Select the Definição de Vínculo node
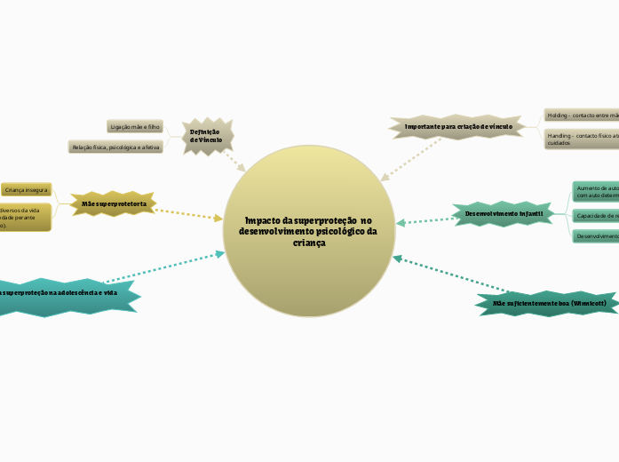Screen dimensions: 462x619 coord(206,135)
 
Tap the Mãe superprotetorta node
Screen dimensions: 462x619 coord(114,204)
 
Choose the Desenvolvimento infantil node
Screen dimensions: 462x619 coord(504,214)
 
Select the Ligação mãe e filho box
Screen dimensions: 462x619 coord(136,127)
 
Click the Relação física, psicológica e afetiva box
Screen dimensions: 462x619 coord(116,147)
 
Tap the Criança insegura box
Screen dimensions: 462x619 coord(26,190)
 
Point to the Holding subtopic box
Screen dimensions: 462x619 coord(582,115)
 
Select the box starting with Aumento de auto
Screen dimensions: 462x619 coord(596,192)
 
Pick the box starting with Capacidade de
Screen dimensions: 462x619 coord(596,216)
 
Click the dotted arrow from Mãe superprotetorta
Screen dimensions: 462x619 coord(189,213)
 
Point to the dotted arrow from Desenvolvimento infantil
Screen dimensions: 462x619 coord(425,220)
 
